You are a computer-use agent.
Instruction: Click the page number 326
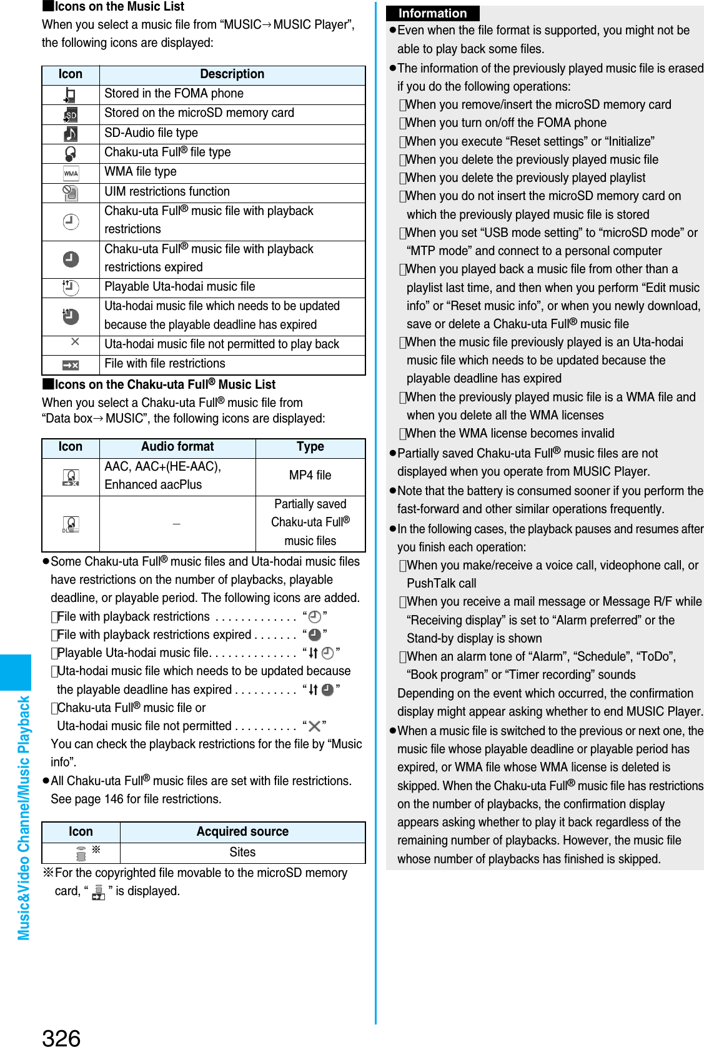click(x=61, y=1036)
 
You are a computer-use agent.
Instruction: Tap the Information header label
click(x=432, y=13)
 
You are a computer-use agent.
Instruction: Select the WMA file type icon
click(x=71, y=173)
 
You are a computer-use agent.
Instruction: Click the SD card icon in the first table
click(x=71, y=115)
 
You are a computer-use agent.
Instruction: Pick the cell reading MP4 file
click(x=310, y=475)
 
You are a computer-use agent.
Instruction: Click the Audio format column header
click(x=177, y=446)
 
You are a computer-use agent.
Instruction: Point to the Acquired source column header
click(x=242, y=831)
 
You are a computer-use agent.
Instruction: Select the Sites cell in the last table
click(x=242, y=852)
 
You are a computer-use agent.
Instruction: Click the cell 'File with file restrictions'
click(x=165, y=363)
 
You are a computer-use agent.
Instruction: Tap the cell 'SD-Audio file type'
click(x=151, y=133)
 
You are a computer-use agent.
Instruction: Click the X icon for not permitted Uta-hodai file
click(x=75, y=341)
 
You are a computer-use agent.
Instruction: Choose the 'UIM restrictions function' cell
click(x=167, y=191)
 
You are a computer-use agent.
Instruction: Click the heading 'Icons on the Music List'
click(x=119, y=7)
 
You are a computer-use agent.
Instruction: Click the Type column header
click(x=310, y=446)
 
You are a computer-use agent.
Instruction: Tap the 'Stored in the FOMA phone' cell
click(x=174, y=93)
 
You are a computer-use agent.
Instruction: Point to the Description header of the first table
click(x=232, y=74)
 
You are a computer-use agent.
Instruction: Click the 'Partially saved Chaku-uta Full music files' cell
click(x=310, y=522)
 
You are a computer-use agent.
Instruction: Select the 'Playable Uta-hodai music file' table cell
click(x=180, y=286)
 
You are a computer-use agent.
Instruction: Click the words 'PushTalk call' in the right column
click(x=441, y=583)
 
